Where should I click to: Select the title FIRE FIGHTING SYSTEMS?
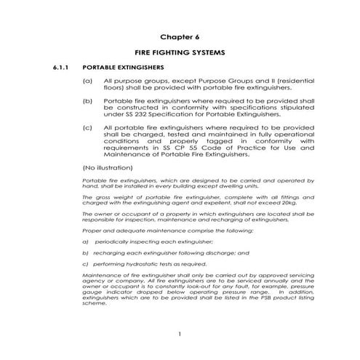[180, 53]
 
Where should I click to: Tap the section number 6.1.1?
[59, 68]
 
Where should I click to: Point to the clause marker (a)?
[87, 81]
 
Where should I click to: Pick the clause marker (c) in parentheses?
[87, 127]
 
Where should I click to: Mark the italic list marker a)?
[85, 240]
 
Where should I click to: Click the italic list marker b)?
[85, 252]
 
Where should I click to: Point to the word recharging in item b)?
[111, 252]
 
